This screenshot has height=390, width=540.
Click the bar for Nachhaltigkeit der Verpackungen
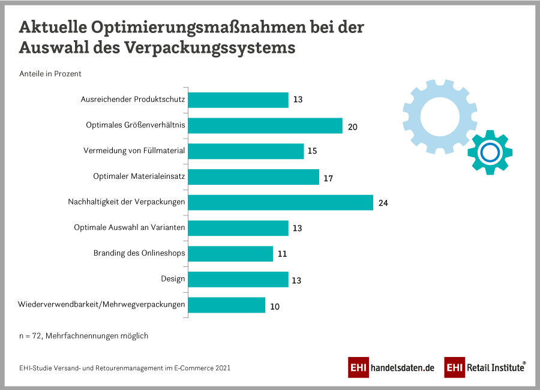tap(281, 202)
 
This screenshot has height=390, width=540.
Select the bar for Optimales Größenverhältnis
tap(265, 125)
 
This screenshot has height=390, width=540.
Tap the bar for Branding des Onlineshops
tap(230, 253)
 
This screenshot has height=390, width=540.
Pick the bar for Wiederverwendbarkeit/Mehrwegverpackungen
tap(227, 305)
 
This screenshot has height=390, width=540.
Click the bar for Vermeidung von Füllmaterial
tap(246, 151)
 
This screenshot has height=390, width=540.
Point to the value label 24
tap(383, 203)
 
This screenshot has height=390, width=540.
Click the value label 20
tap(353, 126)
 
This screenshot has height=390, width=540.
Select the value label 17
tap(328, 178)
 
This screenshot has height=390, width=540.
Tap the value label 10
tap(275, 306)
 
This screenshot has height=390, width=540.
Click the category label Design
tap(173, 279)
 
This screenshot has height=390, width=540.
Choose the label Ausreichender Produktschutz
tap(133, 99)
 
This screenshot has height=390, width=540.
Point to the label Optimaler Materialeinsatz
tap(139, 176)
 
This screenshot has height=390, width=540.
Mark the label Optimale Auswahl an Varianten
tap(129, 227)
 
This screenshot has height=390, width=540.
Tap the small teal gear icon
tap(490, 152)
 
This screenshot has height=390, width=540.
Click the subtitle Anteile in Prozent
tap(50, 74)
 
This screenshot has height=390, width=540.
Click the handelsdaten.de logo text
tap(402, 368)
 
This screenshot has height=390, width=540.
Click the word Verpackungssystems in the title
tap(210, 48)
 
